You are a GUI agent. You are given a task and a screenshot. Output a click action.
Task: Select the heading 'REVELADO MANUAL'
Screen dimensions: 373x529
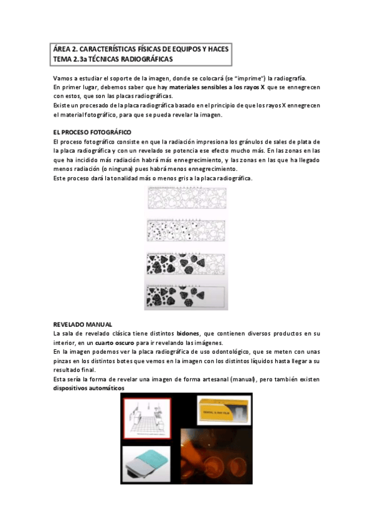[82, 324]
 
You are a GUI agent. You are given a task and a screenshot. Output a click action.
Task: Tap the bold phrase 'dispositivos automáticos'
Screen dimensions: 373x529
[88, 388]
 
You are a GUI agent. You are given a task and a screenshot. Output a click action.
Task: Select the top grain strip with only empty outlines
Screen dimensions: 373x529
[185, 200]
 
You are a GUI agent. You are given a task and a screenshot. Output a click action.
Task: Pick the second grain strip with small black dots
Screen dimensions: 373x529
[185, 231]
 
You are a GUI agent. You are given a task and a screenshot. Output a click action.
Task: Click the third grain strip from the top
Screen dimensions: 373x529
[185, 264]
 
